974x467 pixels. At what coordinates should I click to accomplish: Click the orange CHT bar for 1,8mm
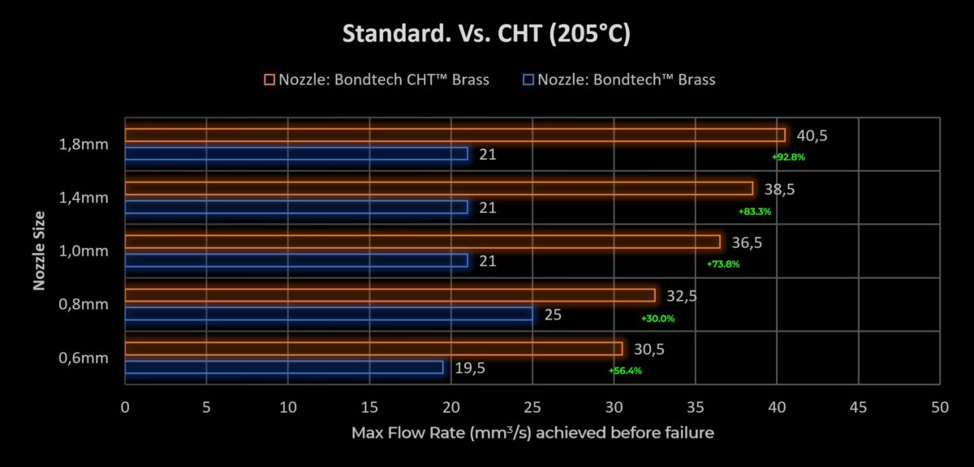[455, 135]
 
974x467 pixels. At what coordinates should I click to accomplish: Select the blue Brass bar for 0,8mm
[329, 314]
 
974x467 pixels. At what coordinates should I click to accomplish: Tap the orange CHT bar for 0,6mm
[373, 349]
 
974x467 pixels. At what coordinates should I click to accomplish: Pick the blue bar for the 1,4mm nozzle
[296, 207]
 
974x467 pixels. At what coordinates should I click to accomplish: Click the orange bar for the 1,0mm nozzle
[422, 242]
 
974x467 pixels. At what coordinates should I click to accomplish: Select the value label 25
[553, 314]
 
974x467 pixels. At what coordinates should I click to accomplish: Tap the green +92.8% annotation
[788, 157]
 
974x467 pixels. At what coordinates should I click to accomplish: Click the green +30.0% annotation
[657, 319]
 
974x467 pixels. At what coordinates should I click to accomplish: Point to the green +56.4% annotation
[625, 371]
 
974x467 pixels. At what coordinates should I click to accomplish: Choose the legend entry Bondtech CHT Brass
[377, 79]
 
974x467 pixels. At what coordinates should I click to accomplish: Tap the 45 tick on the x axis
[858, 407]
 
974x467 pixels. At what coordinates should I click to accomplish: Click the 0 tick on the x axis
[125, 407]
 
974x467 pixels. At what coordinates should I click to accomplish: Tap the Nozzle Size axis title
[39, 251]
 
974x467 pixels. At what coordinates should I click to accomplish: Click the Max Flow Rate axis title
[532, 433]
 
